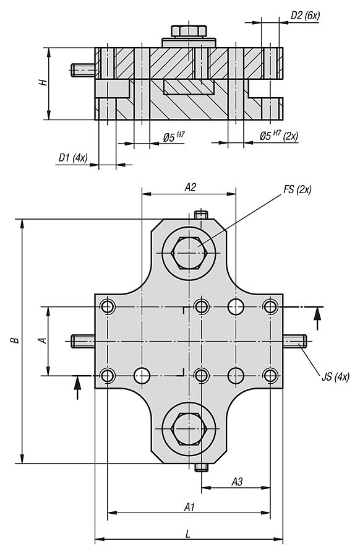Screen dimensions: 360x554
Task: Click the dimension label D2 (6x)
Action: tap(305, 16)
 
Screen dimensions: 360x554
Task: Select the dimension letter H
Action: tap(43, 83)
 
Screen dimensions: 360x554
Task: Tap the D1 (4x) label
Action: tap(73, 158)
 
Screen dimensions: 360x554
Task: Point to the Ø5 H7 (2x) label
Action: tap(279, 136)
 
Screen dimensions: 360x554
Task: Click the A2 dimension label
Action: tap(191, 187)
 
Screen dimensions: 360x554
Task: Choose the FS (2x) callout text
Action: tap(298, 190)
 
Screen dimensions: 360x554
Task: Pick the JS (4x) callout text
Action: tap(335, 376)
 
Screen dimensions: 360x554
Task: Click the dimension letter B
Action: tap(14, 340)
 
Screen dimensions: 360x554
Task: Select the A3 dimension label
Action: tap(237, 481)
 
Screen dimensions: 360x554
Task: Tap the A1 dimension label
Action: tap(189, 507)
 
